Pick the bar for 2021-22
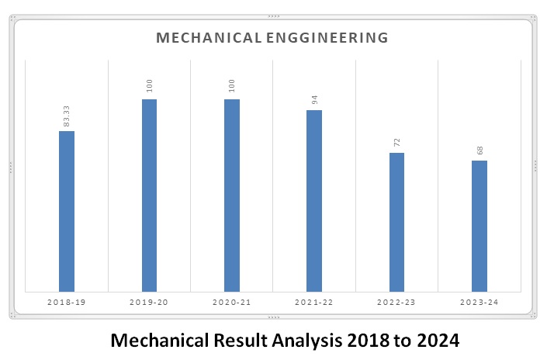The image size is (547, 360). pos(313,200)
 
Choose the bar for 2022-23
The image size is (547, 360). pos(396,222)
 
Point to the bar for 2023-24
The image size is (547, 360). pos(479,226)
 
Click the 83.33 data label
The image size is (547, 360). pos(67,116)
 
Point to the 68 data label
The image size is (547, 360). pos(479,150)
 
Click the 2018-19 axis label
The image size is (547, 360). pos(67,300)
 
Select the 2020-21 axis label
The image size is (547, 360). pos(231,300)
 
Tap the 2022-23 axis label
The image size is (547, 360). pos(396,300)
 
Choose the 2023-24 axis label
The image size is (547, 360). pos(479,300)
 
